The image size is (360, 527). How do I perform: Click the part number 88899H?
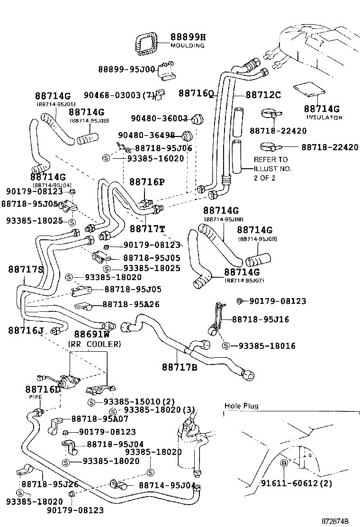coord(188,37)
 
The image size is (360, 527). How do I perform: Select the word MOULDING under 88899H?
coord(188,45)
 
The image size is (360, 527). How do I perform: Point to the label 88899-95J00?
coord(126,69)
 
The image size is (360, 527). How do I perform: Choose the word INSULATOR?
coord(324,117)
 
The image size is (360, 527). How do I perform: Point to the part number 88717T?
coord(147,229)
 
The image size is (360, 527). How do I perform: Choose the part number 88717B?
coord(179,366)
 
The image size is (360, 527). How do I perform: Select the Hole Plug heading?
coord(242,406)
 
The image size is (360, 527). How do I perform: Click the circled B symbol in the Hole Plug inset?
coord(284,463)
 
